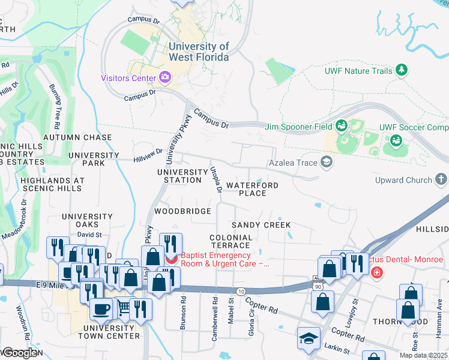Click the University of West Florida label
click(199, 52)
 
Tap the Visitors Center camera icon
click(164, 77)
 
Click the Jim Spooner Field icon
click(342, 126)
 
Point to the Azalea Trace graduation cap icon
click(327, 162)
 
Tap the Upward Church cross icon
click(441, 179)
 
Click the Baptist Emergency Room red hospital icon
click(171, 259)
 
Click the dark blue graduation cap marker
click(309, 339)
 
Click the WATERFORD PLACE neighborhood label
click(252, 189)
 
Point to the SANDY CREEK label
click(261, 225)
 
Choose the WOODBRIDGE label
click(182, 211)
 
